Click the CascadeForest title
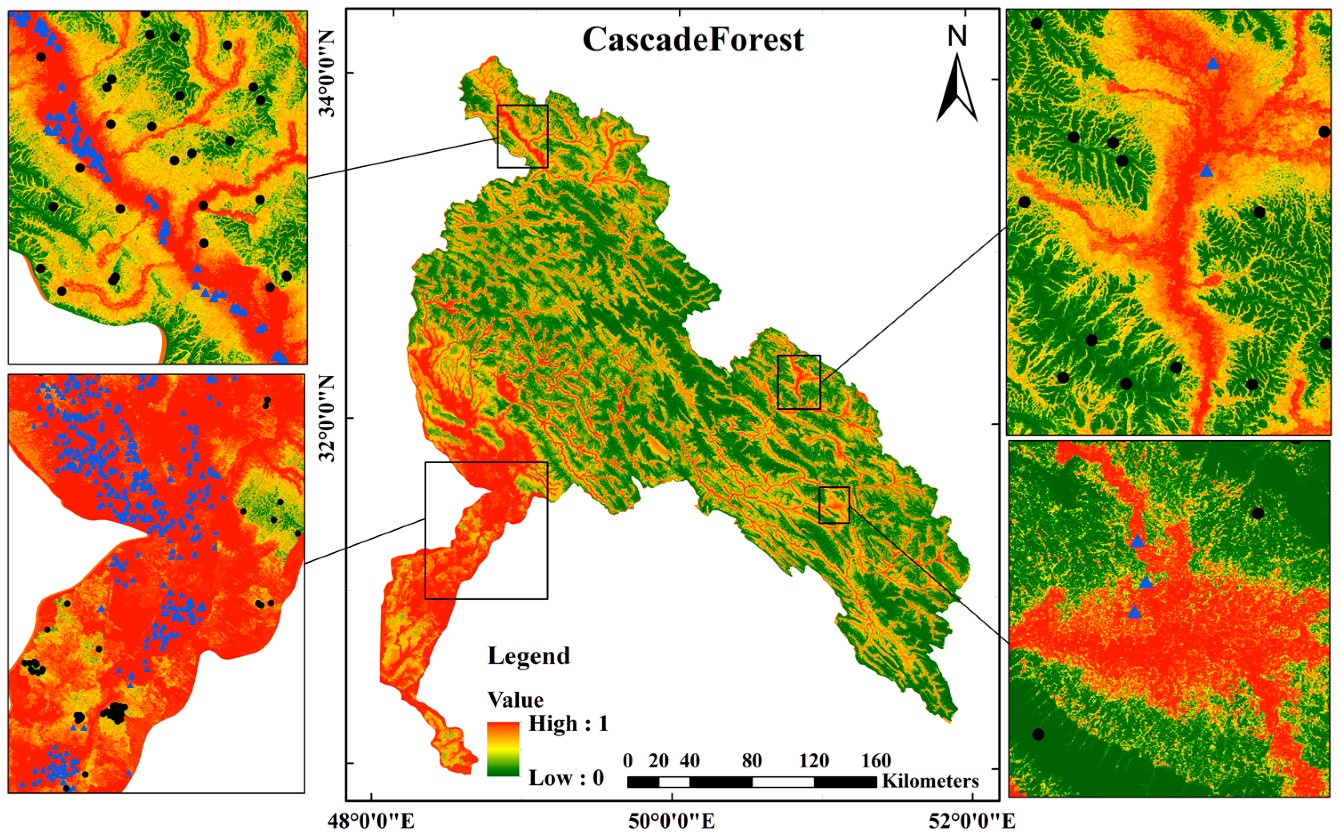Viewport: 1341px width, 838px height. click(x=693, y=40)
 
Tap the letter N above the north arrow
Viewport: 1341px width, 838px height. click(x=957, y=36)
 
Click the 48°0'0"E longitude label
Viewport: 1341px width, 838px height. click(x=371, y=821)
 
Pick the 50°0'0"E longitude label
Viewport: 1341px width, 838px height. click(x=672, y=821)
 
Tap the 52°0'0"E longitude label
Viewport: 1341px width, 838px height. click(x=973, y=821)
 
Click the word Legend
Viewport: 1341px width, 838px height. click(x=528, y=656)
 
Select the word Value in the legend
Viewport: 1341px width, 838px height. click(x=515, y=699)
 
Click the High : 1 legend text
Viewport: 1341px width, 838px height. click(x=568, y=724)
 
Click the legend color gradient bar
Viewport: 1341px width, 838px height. click(x=503, y=748)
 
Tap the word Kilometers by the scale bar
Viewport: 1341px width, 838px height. click(x=930, y=782)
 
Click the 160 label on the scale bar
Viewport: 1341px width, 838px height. click(x=876, y=760)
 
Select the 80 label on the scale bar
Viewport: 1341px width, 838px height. click(x=752, y=760)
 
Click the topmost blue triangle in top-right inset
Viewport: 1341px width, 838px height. click(x=1213, y=64)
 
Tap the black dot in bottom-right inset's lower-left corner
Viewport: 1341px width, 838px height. click(x=1038, y=734)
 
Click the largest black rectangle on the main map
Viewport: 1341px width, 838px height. click(x=486, y=530)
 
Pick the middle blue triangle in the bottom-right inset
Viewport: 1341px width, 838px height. click(x=1145, y=582)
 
